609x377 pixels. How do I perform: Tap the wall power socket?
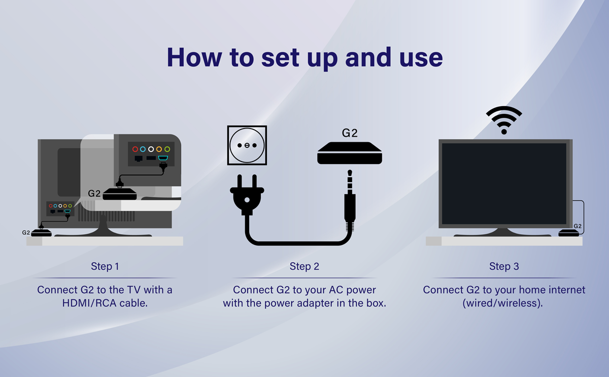pyautogui.click(x=247, y=145)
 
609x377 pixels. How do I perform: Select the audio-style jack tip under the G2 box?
pyautogui.click(x=349, y=180)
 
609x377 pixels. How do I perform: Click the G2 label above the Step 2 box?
pyautogui.click(x=350, y=133)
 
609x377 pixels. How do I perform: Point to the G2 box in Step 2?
pyautogui.click(x=349, y=153)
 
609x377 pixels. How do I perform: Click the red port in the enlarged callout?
pyautogui.click(x=135, y=149)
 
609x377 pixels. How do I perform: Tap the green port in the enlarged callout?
pyautogui.click(x=167, y=149)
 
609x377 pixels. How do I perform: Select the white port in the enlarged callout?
pyautogui.click(x=151, y=149)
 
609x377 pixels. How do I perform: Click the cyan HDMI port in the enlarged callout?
pyautogui.click(x=163, y=159)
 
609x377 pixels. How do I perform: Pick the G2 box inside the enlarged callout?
pyautogui.click(x=120, y=194)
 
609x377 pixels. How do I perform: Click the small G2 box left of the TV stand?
pyautogui.click(x=42, y=233)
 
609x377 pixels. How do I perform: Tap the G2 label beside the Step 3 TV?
pyautogui.click(x=578, y=226)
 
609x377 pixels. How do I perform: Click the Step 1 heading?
pyautogui.click(x=105, y=266)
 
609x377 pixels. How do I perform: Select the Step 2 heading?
pyautogui.click(x=304, y=266)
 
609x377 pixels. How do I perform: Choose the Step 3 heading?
pyautogui.click(x=504, y=266)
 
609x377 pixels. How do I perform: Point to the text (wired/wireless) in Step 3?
pyautogui.click(x=504, y=303)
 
